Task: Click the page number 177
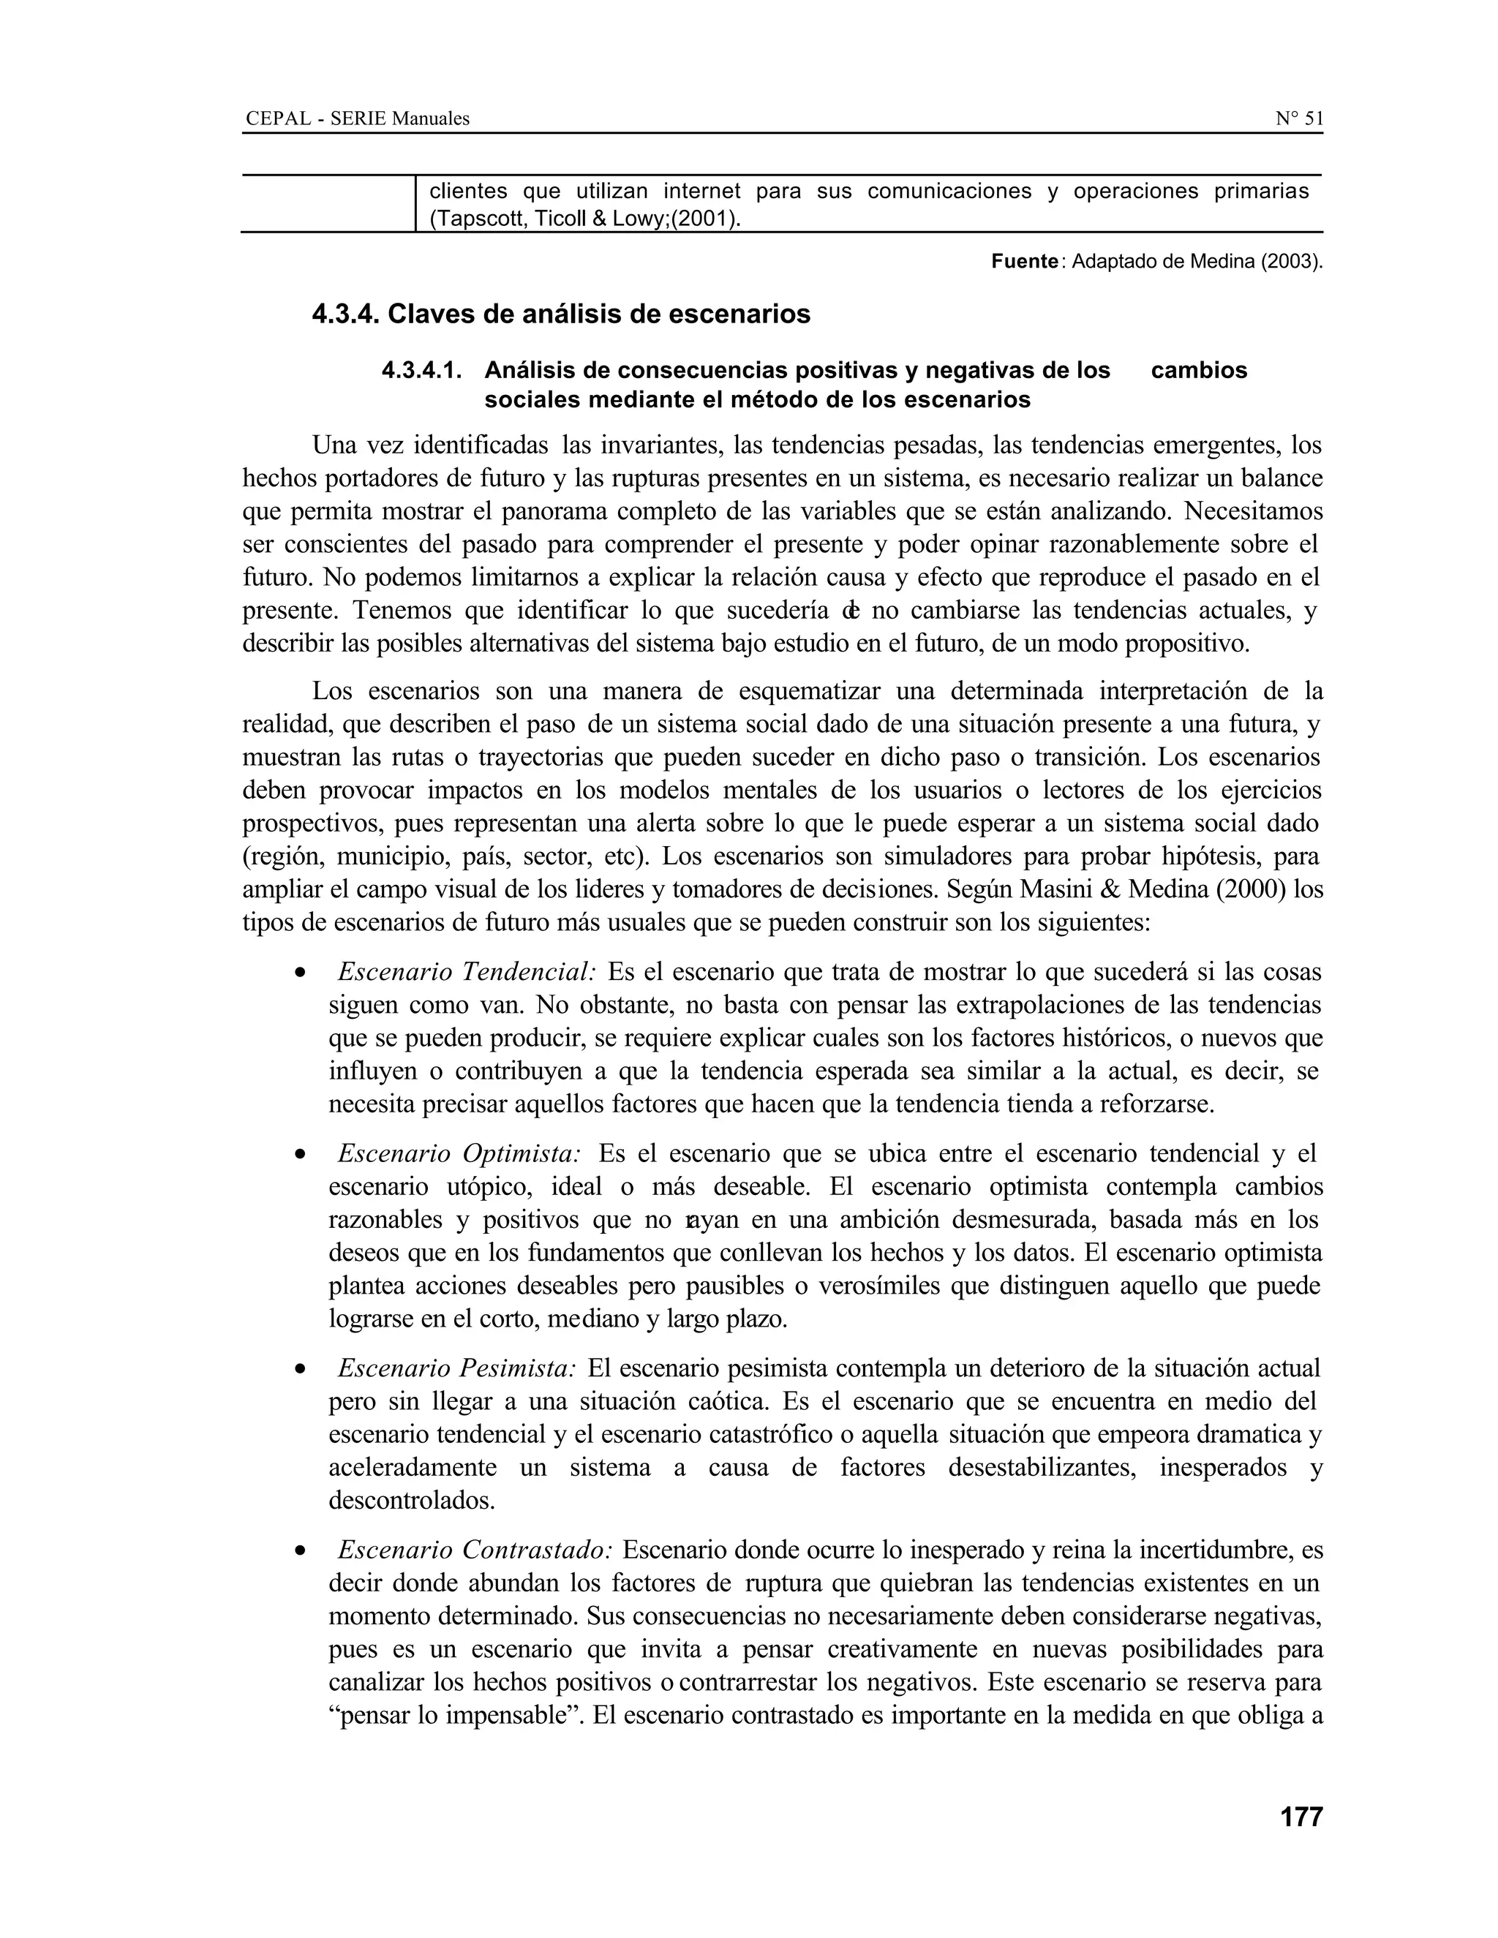click(1301, 1817)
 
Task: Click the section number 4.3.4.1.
click(423, 371)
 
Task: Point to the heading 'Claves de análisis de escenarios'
click(599, 314)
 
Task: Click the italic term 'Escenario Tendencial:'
click(467, 973)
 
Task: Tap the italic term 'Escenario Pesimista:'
click(457, 1368)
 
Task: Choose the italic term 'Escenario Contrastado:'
click(475, 1550)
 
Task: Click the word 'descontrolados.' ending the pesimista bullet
click(412, 1501)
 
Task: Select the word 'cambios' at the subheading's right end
click(1198, 371)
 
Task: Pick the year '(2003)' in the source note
click(1290, 263)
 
